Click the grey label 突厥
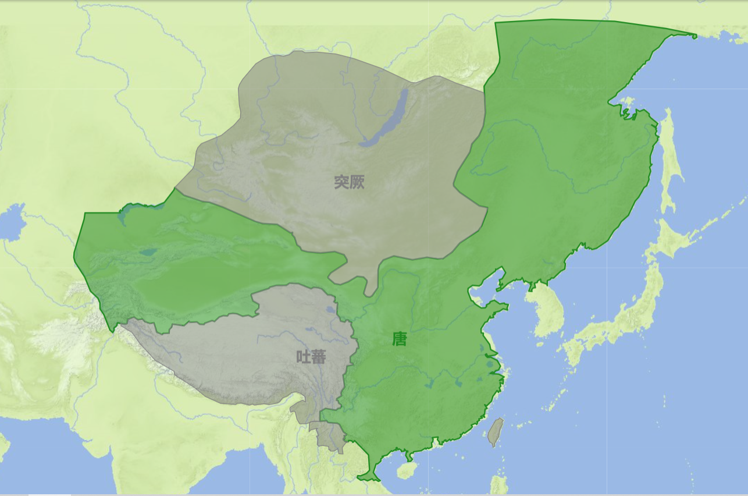[350, 182]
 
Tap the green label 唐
[400, 339]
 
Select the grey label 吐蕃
[311, 357]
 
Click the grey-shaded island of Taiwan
[495, 431]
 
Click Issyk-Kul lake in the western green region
[148, 253]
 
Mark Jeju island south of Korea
[539, 344]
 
